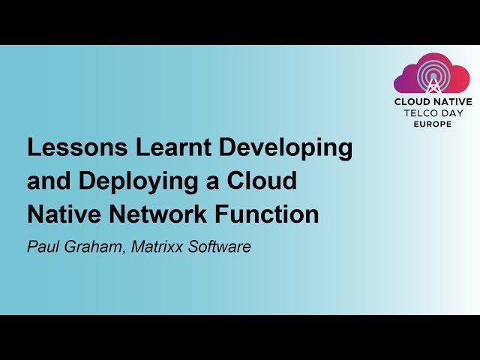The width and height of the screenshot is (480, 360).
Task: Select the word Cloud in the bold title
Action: tap(259, 181)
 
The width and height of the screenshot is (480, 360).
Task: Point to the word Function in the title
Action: tap(272, 214)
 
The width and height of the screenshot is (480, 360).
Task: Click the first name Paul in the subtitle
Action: tap(42, 246)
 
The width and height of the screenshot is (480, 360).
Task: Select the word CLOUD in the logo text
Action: tap(413, 102)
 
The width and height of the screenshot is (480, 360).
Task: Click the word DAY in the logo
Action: tap(453, 113)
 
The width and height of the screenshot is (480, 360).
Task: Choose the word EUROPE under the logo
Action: tap(433, 124)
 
